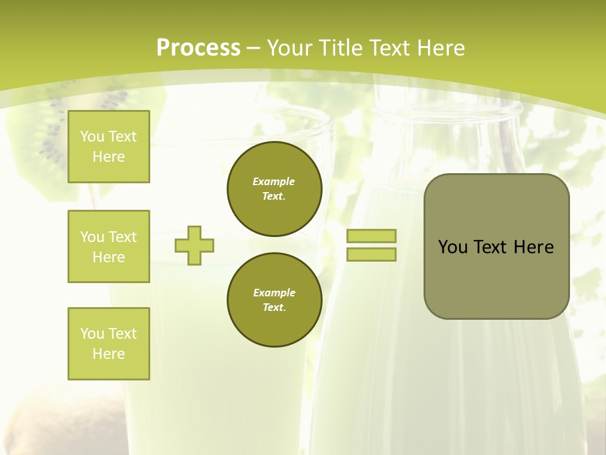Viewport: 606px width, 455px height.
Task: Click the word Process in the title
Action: point(198,48)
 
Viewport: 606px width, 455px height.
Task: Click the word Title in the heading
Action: point(341,48)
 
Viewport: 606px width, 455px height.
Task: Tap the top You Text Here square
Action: point(109,147)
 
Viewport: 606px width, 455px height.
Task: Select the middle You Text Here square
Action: point(109,246)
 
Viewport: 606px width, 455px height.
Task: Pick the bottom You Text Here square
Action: point(109,344)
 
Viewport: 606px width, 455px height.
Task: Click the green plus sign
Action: point(194,245)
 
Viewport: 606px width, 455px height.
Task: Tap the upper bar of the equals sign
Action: point(371,236)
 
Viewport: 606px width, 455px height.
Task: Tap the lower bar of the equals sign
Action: point(371,255)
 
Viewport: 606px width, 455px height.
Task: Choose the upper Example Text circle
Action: point(274,189)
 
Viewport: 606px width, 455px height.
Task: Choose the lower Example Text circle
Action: point(274,300)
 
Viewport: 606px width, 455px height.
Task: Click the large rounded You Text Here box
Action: point(496,246)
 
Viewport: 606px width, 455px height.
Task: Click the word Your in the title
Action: point(290,48)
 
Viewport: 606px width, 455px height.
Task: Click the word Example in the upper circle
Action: point(274,181)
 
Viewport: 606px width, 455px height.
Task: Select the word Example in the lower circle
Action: point(274,293)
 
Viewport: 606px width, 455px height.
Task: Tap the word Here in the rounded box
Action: point(533,247)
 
